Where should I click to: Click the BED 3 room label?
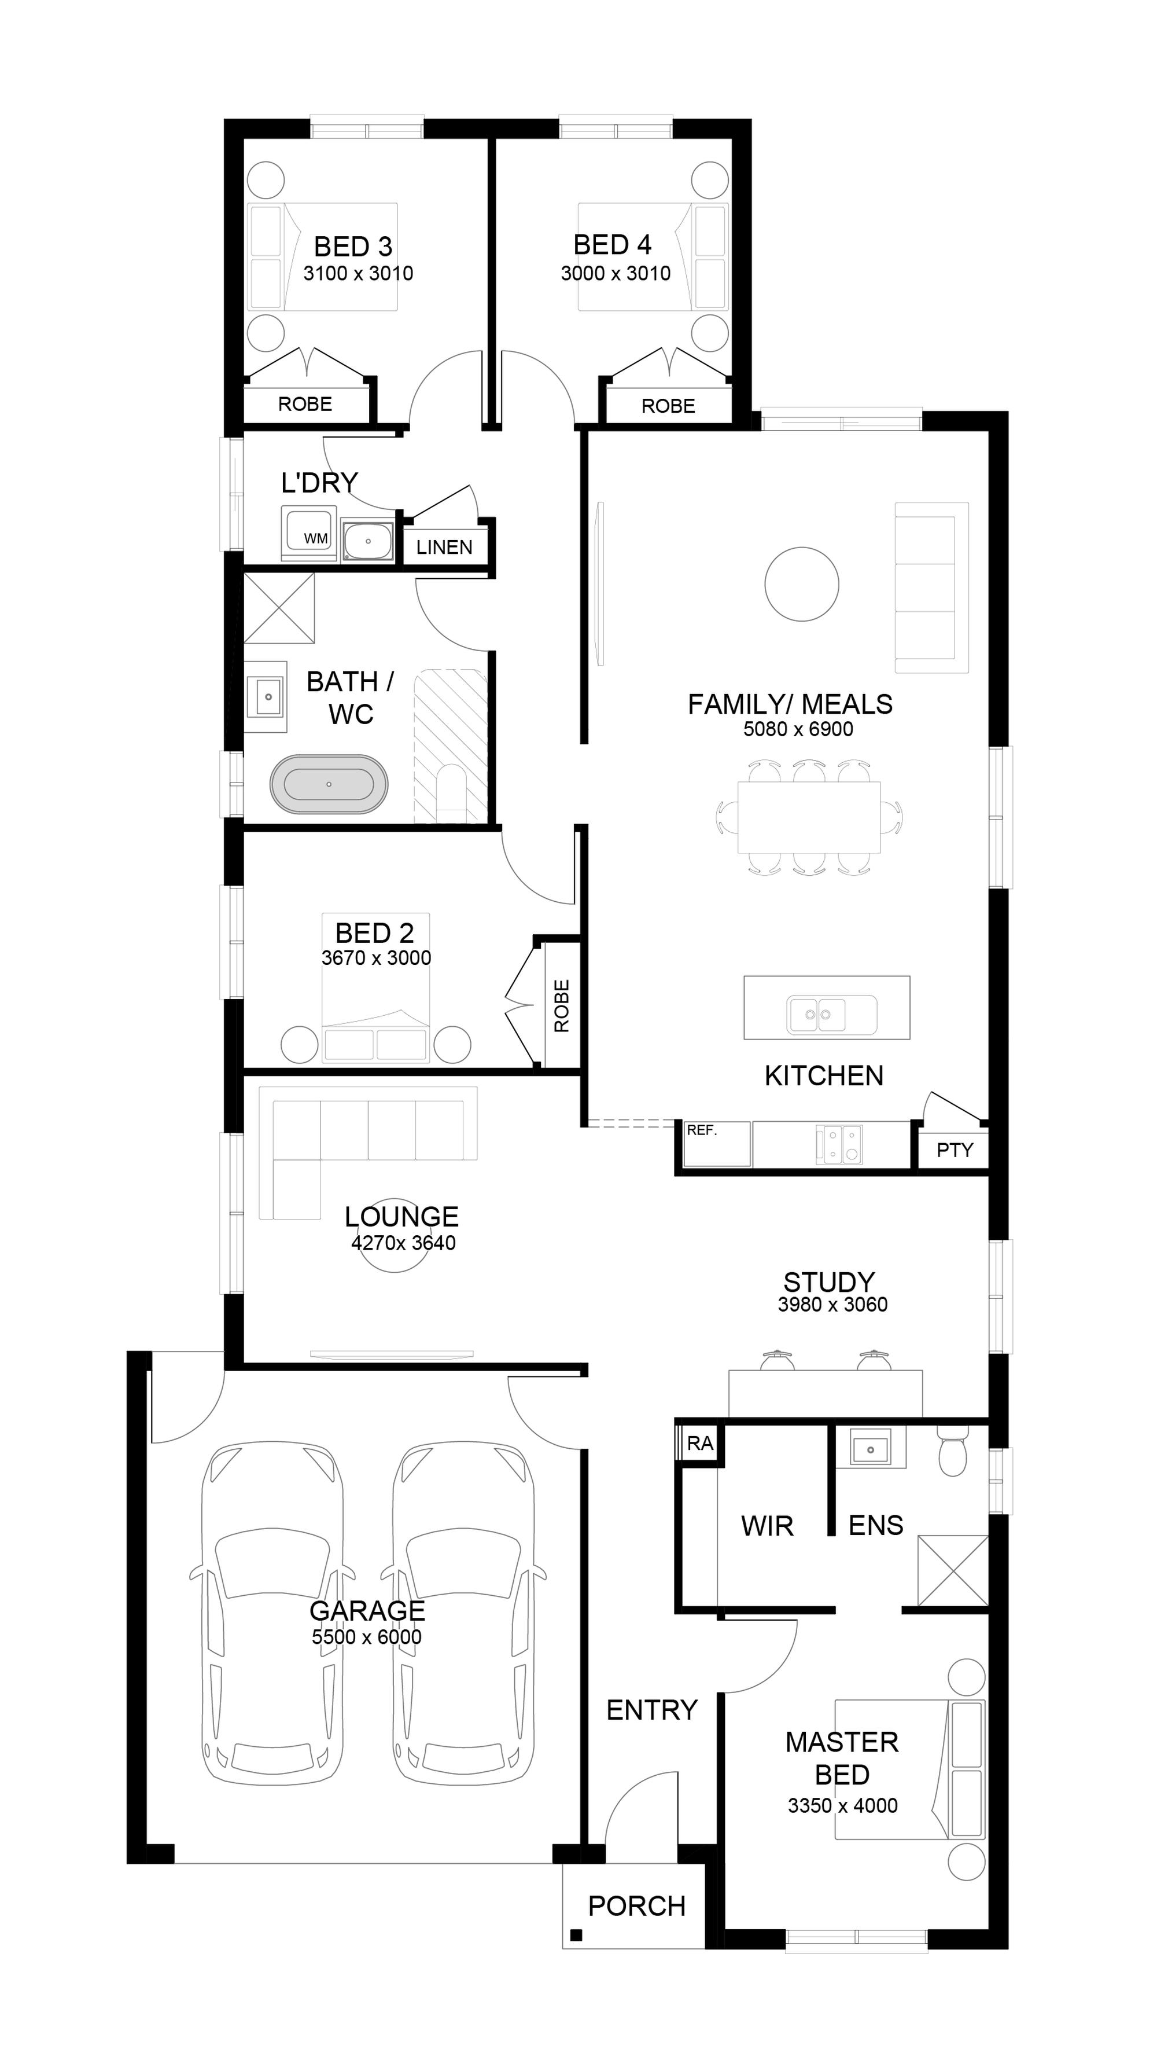click(x=353, y=246)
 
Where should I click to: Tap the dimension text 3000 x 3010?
click(x=616, y=273)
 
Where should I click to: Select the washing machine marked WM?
click(x=308, y=533)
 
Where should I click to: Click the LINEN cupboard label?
click(x=444, y=548)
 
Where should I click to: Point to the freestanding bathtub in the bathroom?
click(x=329, y=784)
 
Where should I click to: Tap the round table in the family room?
click(x=801, y=583)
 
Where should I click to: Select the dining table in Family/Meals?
click(x=809, y=817)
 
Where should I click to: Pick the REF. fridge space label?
click(x=701, y=1130)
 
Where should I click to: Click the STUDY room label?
click(x=828, y=1281)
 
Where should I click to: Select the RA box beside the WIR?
click(x=700, y=1443)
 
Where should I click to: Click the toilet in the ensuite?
click(x=952, y=1451)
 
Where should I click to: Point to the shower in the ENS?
click(x=952, y=1571)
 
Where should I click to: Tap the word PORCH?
click(x=636, y=1906)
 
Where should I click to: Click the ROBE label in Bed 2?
click(x=562, y=1006)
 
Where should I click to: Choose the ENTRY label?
click(x=651, y=1710)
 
